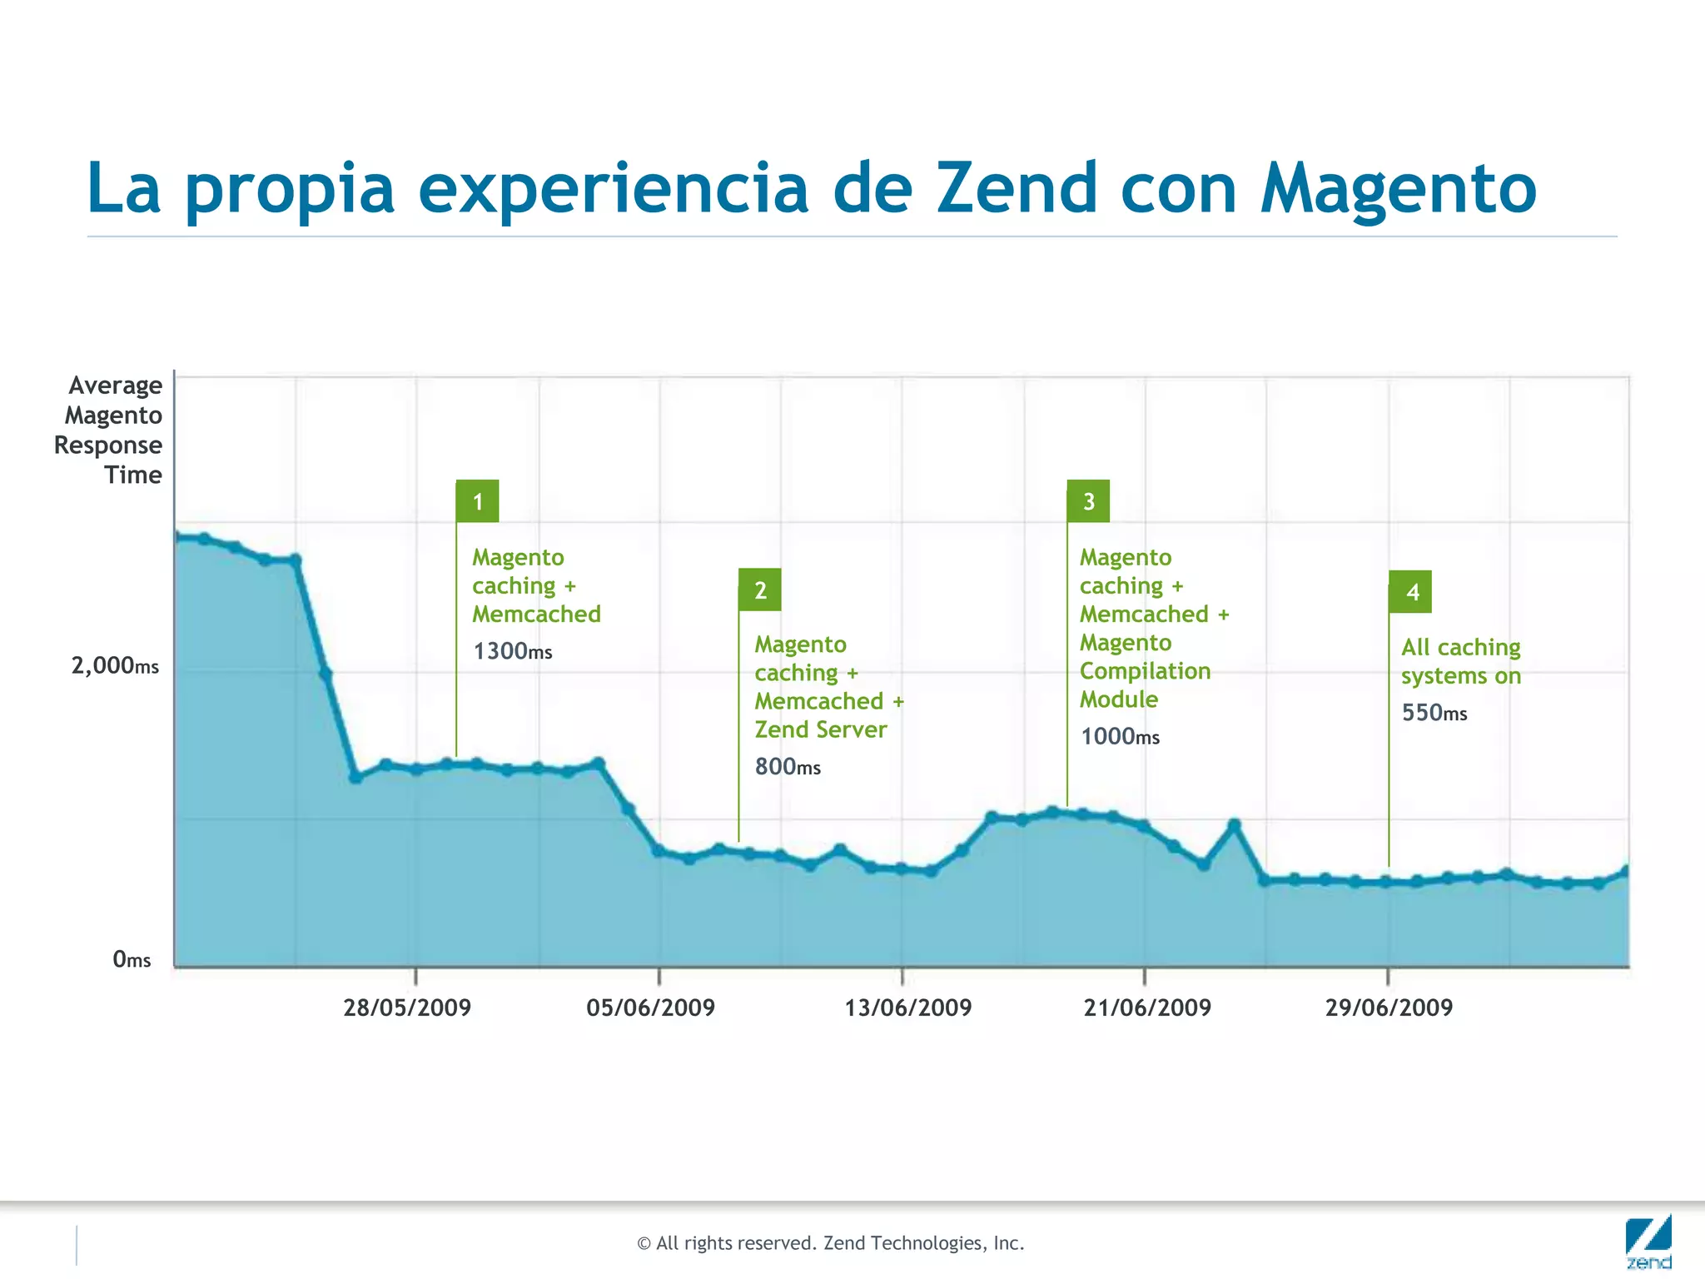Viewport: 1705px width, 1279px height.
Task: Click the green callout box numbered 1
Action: (477, 501)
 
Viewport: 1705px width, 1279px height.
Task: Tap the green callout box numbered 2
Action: (759, 590)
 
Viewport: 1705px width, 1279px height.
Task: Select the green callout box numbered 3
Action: (1088, 501)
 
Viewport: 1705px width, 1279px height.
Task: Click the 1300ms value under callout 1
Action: (513, 651)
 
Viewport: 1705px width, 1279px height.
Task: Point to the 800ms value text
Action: (788, 766)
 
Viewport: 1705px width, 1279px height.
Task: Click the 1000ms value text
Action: (1120, 736)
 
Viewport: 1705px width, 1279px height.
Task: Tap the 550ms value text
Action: (1434, 713)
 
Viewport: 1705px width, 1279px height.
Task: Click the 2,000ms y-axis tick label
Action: (115, 665)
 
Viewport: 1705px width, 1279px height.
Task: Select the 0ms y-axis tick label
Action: (132, 959)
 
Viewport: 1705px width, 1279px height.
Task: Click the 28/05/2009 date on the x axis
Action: (407, 1008)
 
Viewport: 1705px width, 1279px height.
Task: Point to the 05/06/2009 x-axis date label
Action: (650, 1008)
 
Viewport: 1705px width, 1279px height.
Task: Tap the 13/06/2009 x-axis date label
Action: (908, 1008)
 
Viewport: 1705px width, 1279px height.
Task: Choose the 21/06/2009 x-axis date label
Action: (1147, 1008)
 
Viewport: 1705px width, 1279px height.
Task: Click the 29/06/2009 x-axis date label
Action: (1389, 1008)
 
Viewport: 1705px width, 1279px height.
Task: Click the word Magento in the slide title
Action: (1398, 190)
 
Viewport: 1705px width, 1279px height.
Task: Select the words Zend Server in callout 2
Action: (821, 729)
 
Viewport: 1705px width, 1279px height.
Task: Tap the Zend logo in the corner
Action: (1648, 1242)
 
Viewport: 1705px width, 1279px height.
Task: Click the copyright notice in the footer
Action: (830, 1243)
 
